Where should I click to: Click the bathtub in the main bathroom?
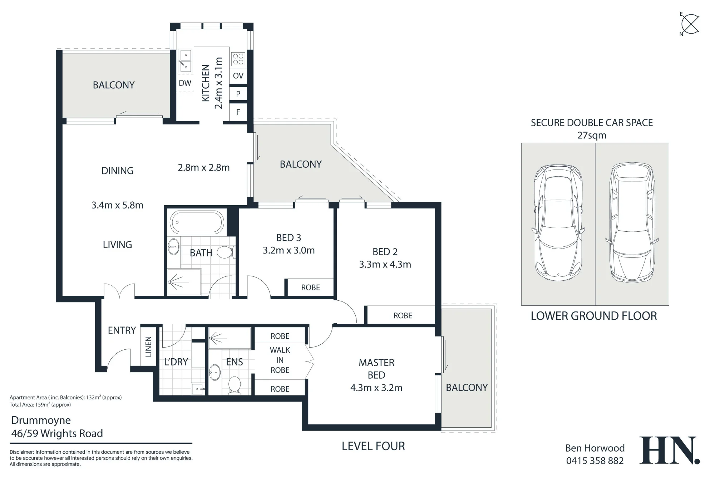pyautogui.click(x=197, y=222)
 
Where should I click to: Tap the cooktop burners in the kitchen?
pyautogui.click(x=238, y=59)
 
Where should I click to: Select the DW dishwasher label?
pyautogui.click(x=185, y=83)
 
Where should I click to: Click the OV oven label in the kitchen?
pyautogui.click(x=238, y=76)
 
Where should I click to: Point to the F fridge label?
pyautogui.click(x=238, y=112)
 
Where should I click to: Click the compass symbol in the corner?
pyautogui.click(x=690, y=24)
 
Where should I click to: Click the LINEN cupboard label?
pyautogui.click(x=148, y=346)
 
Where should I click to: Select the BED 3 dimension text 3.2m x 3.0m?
pyautogui.click(x=289, y=250)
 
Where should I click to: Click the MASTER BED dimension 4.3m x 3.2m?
pyautogui.click(x=376, y=388)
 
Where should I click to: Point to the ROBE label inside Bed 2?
pyautogui.click(x=403, y=316)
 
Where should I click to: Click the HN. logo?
pyautogui.click(x=669, y=450)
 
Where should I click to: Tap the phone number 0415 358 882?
pyautogui.click(x=595, y=461)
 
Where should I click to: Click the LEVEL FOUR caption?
pyautogui.click(x=373, y=446)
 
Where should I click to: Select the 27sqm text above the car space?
pyautogui.click(x=592, y=136)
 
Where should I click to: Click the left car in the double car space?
pyautogui.click(x=558, y=222)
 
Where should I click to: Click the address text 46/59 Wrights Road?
pyautogui.click(x=57, y=434)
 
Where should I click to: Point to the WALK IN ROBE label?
pyautogui.click(x=280, y=360)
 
